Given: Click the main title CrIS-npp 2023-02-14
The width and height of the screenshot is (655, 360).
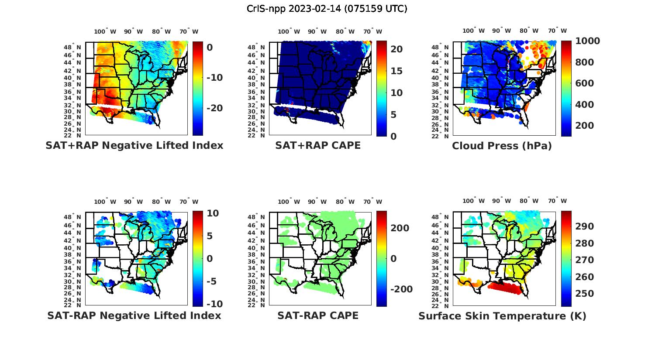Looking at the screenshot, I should click(x=327, y=9).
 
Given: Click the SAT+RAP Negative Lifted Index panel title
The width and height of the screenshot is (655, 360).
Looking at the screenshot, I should click(x=134, y=145).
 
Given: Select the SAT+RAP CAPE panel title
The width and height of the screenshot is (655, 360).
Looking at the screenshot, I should click(x=318, y=145).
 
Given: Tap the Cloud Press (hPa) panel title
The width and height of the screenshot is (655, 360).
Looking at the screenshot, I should click(x=502, y=146).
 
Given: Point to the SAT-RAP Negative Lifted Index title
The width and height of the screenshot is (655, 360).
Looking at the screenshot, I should click(x=134, y=315).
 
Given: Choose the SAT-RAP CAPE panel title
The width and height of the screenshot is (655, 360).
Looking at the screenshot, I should click(x=318, y=315).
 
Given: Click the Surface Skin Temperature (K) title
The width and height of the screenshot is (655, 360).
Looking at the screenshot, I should click(x=502, y=316).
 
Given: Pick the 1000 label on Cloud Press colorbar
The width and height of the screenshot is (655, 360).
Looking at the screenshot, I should click(x=587, y=41).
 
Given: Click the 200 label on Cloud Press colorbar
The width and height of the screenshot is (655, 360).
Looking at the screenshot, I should click(x=585, y=126).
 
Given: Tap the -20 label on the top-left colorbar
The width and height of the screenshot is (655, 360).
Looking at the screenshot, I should click(x=214, y=108).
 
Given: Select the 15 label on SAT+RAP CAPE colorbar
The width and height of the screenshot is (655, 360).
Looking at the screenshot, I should click(x=396, y=71).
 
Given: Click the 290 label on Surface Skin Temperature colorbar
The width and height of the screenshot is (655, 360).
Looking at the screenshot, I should click(x=584, y=226).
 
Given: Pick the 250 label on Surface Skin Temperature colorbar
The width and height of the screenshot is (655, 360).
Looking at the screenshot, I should click(x=584, y=294).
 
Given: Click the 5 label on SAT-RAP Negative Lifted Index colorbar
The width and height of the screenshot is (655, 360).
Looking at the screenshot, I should click(x=209, y=236).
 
